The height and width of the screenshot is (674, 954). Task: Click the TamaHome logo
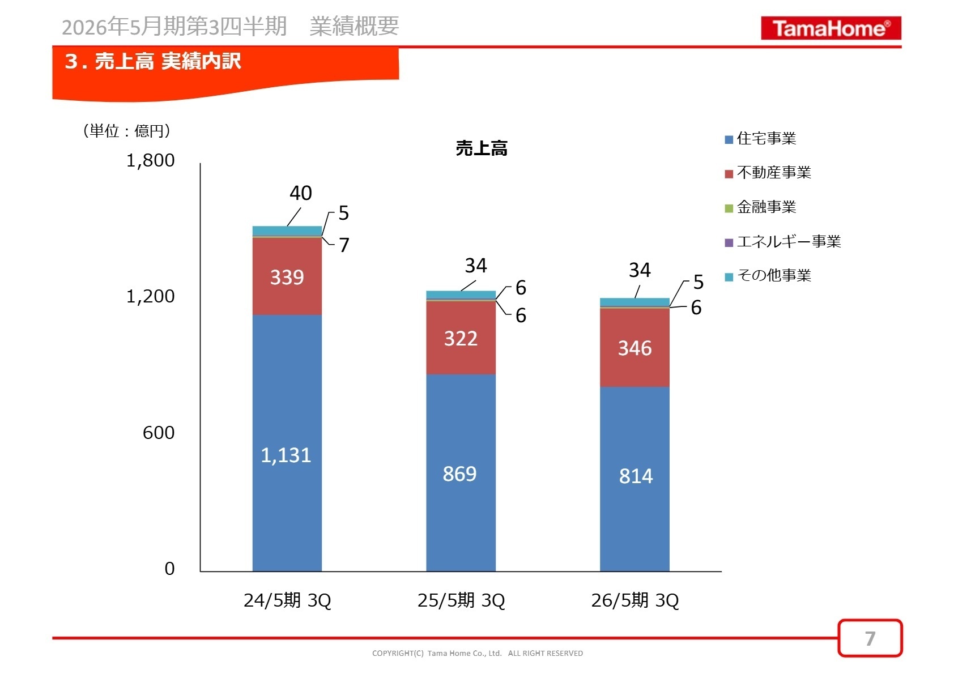click(831, 28)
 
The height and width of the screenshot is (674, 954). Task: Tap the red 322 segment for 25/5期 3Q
click(461, 338)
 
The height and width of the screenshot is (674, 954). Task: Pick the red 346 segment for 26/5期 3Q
click(634, 348)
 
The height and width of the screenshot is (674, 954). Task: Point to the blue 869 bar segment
click(461, 473)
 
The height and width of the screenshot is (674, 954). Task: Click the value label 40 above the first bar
click(300, 193)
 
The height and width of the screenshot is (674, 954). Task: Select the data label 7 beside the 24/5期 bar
click(344, 245)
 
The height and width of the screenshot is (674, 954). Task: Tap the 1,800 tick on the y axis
click(150, 161)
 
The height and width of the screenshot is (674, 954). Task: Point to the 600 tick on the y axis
click(158, 433)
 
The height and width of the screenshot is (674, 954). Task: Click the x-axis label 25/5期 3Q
click(461, 600)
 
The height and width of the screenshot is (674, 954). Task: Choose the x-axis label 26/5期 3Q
click(634, 600)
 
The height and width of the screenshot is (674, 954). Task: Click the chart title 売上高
click(482, 148)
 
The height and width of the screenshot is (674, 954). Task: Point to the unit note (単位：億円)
click(126, 131)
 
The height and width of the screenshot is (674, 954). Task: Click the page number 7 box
click(870, 638)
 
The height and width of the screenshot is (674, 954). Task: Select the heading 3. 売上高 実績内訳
click(153, 61)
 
